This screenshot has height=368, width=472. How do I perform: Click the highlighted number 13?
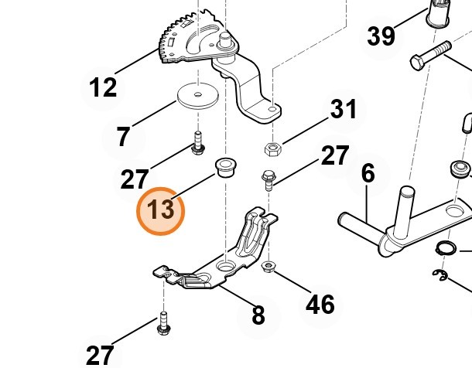click(162, 210)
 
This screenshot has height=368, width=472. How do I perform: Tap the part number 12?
click(103, 87)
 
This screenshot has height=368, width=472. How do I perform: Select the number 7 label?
click(123, 137)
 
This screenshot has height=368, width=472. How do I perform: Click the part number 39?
click(381, 36)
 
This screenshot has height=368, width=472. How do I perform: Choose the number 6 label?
click(368, 173)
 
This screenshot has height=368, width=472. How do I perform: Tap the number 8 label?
click(258, 315)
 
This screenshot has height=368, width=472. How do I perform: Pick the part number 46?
click(320, 304)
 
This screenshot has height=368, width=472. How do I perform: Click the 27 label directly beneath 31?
click(335, 155)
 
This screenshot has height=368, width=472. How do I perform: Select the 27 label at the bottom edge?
click(100, 355)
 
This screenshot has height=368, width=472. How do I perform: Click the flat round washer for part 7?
click(197, 97)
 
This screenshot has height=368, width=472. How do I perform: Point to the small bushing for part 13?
click(225, 166)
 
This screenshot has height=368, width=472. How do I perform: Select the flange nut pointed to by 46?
click(268, 267)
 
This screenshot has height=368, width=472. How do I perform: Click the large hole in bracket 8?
click(226, 267)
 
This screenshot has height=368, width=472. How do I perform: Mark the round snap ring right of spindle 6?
click(444, 250)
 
